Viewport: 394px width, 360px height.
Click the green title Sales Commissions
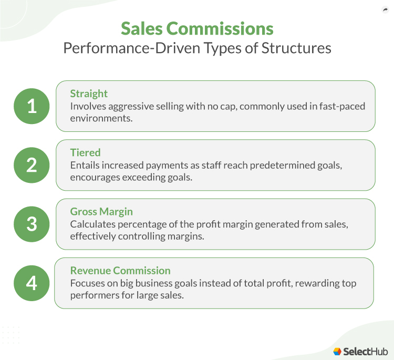click(x=197, y=28)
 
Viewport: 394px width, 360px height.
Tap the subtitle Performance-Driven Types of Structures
click(x=197, y=48)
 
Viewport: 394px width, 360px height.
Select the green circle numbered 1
click(x=32, y=106)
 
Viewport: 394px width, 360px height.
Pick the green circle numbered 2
click(x=32, y=164)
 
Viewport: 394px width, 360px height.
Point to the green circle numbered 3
click(x=32, y=224)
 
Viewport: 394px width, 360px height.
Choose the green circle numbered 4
click(x=32, y=283)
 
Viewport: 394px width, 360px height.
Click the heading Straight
click(x=89, y=94)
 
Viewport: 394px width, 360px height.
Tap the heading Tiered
click(x=85, y=152)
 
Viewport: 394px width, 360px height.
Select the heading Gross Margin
click(x=101, y=211)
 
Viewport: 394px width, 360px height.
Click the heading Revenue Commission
click(x=120, y=271)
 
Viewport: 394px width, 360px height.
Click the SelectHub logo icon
click(x=337, y=351)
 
